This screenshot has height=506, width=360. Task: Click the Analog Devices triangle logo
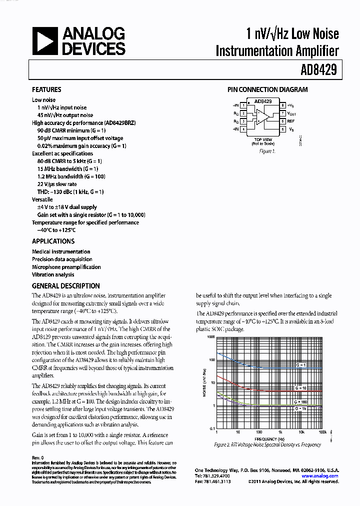tap(45, 41)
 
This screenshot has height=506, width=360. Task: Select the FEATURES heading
tap(46, 89)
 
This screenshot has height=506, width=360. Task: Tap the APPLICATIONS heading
tap(53, 241)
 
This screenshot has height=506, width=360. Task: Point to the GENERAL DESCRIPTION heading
tap(65, 286)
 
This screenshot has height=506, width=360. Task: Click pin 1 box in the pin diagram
tap(243, 105)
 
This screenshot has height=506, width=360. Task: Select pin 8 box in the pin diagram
tap(282, 105)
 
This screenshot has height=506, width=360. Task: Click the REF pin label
tap(291, 121)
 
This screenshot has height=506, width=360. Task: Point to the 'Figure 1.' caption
tap(267, 151)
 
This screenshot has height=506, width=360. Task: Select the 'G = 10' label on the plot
tap(300, 388)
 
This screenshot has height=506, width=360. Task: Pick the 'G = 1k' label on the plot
tap(300, 408)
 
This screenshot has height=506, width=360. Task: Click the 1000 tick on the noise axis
tap(210, 337)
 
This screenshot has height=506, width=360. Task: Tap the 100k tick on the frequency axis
tap(322, 431)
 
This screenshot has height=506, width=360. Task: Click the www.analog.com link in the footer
tap(320, 476)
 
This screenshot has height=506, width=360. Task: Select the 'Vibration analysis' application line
tap(53, 274)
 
